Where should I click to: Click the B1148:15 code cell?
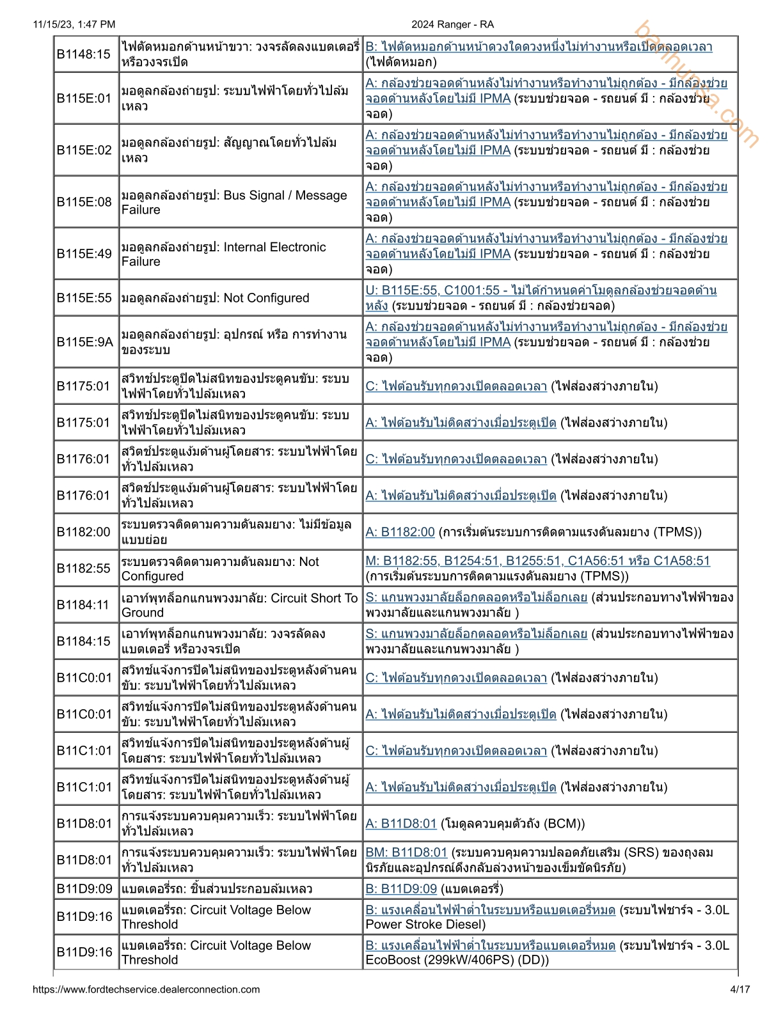(84, 54)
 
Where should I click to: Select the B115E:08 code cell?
(84, 202)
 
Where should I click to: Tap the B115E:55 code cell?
(84, 298)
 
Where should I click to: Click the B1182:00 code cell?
(84, 532)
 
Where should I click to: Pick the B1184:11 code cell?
(84, 605)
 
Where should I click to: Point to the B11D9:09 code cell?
(84, 889)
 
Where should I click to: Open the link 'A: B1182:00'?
(400, 532)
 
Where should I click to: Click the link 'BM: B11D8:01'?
(406, 852)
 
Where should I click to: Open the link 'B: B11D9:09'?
(401, 889)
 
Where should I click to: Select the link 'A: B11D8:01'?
(400, 824)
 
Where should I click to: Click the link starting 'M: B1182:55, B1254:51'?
(537, 561)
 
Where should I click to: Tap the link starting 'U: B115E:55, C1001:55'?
(541, 291)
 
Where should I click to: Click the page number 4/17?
(739, 989)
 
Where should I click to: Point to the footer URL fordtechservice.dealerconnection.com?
(146, 989)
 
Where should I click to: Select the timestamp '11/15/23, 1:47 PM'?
(74, 24)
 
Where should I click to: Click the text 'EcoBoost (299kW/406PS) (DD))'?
(457, 959)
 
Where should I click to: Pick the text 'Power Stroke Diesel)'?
(425, 924)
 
